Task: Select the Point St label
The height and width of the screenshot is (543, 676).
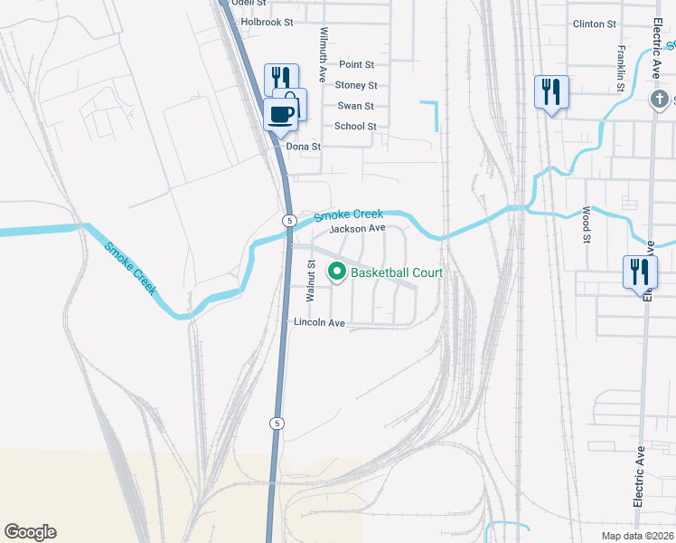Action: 356,65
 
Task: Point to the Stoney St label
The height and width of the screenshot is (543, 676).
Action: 356,86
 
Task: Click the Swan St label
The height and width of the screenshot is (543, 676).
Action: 356,107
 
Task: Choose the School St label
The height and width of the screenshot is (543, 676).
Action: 355,127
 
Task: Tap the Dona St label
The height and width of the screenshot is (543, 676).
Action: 304,147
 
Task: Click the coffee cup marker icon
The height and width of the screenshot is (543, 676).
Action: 280,114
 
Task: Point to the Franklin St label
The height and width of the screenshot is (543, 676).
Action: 622,69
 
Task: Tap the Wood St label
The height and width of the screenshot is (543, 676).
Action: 586,224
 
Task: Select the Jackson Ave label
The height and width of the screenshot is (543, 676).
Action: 358,230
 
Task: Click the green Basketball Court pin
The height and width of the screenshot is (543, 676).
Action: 337,271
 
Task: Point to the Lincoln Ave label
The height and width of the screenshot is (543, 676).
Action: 319,323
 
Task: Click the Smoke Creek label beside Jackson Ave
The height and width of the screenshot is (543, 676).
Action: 349,215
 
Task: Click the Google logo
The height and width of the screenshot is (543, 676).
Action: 30,532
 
